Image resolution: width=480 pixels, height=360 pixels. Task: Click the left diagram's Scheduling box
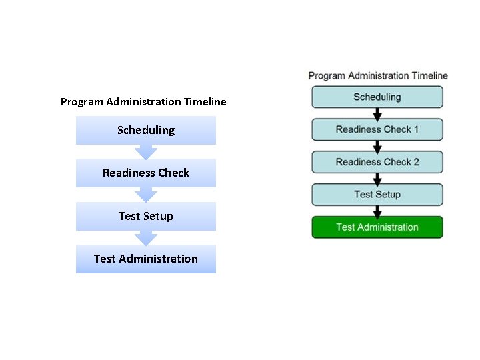[145, 130]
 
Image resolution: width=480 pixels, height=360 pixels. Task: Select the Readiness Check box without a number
[145, 173]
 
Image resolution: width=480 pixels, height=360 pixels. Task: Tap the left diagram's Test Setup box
[145, 216]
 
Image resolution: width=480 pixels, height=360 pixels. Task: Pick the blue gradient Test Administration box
[145, 259]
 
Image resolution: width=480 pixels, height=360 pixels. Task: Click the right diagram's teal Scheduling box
[377, 97]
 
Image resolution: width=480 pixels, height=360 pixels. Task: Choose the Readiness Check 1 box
[377, 129]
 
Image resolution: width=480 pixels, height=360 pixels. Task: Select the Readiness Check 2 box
[377, 162]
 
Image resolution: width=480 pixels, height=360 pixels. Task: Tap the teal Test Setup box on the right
[377, 195]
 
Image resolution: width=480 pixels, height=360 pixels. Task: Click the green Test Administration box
[377, 227]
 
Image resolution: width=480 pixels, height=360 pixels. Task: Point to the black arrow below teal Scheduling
[377, 113]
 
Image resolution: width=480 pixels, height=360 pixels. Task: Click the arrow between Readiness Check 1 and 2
[377, 146]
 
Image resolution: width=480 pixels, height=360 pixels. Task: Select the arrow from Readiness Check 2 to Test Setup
[377, 179]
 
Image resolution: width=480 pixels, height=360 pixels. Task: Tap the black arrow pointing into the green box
[377, 211]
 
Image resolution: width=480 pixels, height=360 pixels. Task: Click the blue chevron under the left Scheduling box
[145, 151]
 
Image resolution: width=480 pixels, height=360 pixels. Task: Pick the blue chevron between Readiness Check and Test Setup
[145, 195]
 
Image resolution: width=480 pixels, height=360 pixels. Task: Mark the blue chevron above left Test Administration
[145, 237]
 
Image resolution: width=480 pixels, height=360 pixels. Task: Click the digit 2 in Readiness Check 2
[416, 162]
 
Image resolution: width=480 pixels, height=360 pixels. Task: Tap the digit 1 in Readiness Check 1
[416, 129]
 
